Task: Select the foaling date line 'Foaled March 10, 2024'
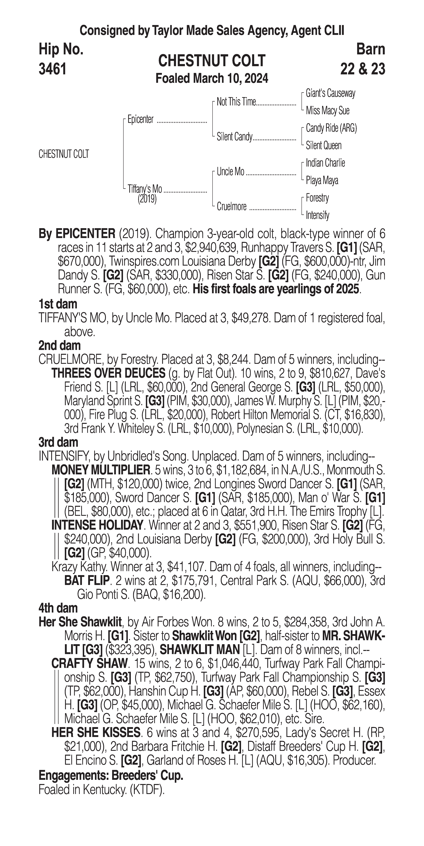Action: (x=212, y=78)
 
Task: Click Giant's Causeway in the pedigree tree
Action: (x=330, y=93)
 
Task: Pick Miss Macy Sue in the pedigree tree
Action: (x=327, y=111)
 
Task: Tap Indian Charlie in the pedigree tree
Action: (x=325, y=163)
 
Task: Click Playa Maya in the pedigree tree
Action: (x=322, y=180)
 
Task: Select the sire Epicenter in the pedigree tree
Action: (x=140, y=119)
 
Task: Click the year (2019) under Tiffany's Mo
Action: (x=147, y=199)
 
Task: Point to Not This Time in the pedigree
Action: (x=236, y=102)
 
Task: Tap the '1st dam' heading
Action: (x=58, y=304)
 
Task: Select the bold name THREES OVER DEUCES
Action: (x=108, y=373)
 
